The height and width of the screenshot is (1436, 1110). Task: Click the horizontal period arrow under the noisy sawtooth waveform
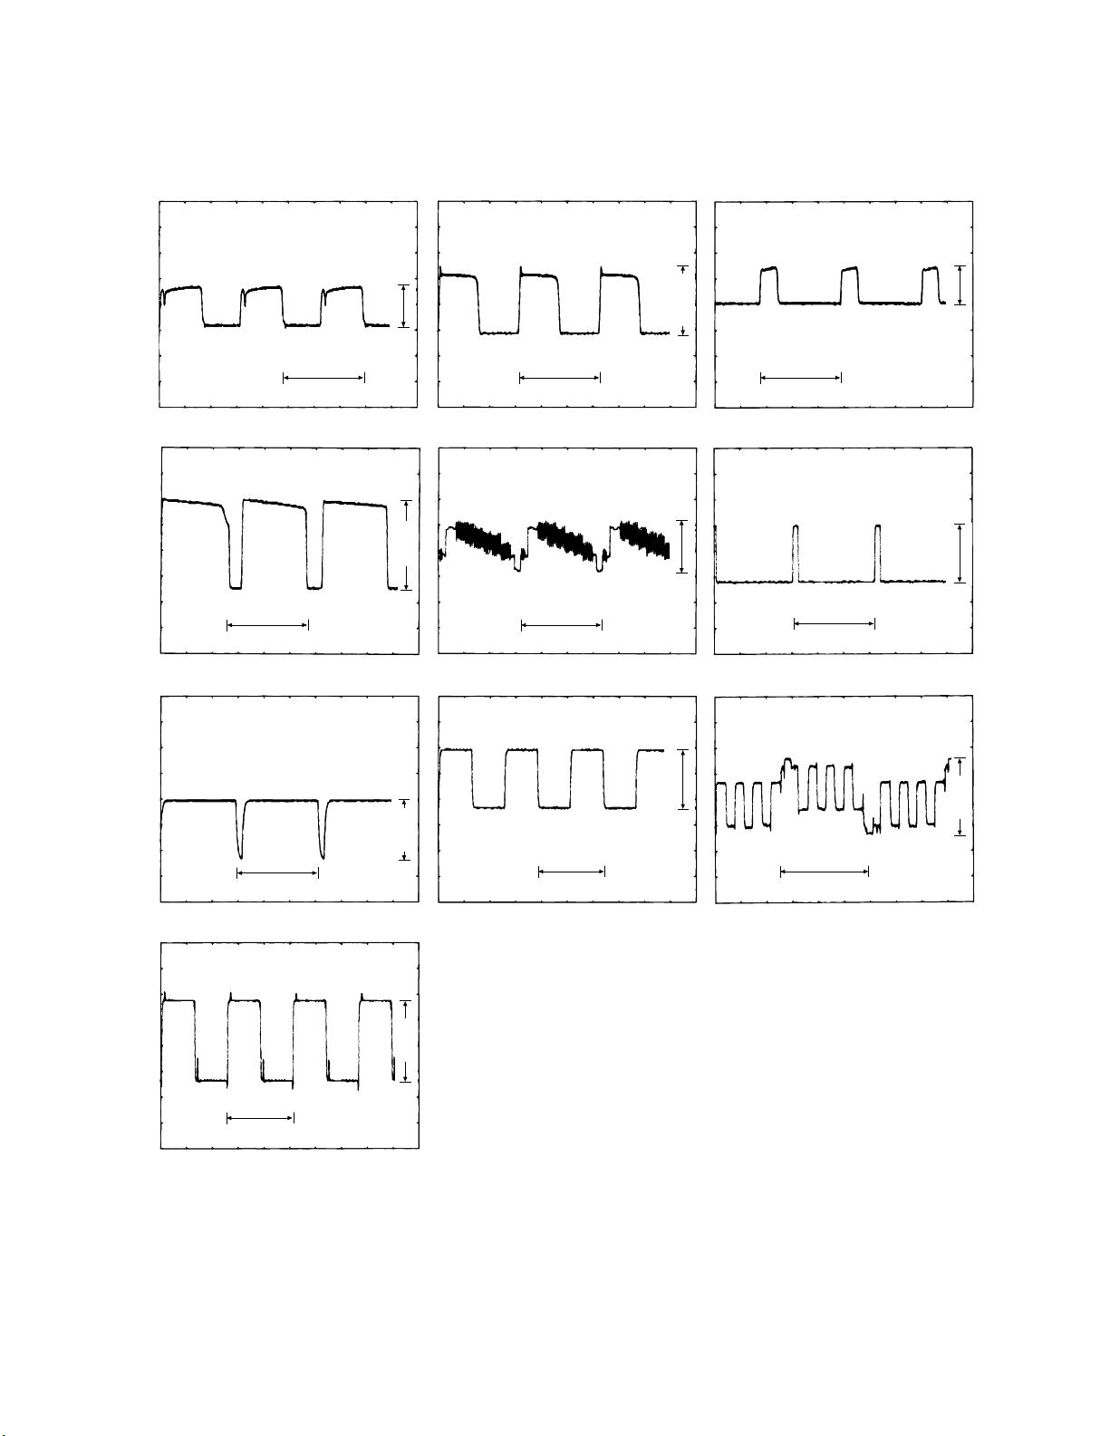(x=562, y=624)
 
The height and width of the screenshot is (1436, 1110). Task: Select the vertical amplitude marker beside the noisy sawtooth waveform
(x=681, y=545)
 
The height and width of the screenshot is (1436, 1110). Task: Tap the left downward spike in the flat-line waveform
(x=240, y=832)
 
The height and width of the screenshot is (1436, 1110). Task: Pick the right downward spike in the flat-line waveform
(x=323, y=832)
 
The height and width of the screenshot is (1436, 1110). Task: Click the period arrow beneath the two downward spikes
(x=277, y=872)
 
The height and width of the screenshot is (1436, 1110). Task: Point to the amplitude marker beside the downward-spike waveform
(x=404, y=829)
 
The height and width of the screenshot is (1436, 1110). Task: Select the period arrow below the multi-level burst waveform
(x=825, y=872)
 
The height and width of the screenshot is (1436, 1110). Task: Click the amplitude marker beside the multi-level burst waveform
(x=960, y=796)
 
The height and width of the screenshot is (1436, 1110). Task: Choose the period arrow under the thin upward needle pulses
(x=835, y=622)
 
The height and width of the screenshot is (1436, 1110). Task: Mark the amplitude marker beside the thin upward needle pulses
(x=959, y=553)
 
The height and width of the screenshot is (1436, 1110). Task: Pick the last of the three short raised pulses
(x=931, y=284)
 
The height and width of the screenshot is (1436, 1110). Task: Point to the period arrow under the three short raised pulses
(x=801, y=377)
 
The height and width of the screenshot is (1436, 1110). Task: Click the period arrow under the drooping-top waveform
(x=267, y=624)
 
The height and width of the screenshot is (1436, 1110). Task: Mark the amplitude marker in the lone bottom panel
(x=407, y=1041)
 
